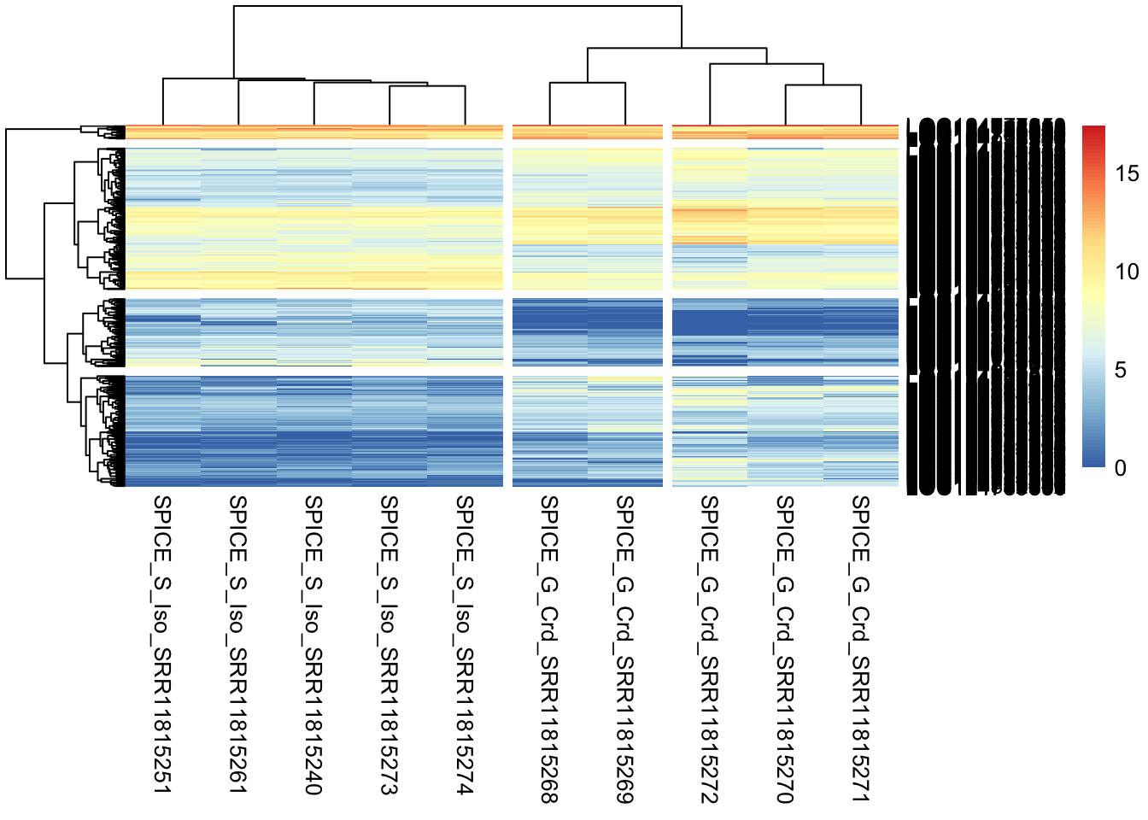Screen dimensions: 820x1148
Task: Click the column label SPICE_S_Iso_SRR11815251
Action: point(162,644)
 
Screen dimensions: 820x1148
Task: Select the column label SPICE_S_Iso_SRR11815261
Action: point(238,644)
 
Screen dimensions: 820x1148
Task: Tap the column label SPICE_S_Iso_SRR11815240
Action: point(313,644)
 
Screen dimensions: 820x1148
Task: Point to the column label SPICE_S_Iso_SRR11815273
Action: point(389,644)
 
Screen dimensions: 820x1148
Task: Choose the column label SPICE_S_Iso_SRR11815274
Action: point(465,644)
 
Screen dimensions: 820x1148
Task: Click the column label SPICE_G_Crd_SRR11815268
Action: point(549,649)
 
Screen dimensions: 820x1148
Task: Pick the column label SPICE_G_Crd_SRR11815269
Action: point(625,649)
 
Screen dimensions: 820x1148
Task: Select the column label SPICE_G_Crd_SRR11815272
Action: point(709,649)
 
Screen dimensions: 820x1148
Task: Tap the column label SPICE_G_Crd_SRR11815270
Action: point(785,649)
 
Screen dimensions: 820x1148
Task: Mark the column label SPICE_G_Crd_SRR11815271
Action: point(860,649)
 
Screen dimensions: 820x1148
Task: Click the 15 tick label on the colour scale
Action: point(1127,174)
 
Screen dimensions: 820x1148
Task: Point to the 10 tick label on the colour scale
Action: point(1127,272)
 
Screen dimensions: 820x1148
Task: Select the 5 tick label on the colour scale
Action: point(1121,371)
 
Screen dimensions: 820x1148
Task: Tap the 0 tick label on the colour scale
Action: point(1121,468)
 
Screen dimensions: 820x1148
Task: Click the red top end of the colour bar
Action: point(1093,131)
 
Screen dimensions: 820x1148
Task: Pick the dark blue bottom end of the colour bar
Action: point(1093,462)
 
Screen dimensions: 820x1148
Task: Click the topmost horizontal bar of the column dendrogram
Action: point(458,6)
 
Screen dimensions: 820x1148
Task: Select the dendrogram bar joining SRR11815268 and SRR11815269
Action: point(588,83)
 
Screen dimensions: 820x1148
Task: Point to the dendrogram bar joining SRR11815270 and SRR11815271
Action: point(823,85)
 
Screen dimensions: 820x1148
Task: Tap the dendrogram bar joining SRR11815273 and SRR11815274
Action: point(427,86)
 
